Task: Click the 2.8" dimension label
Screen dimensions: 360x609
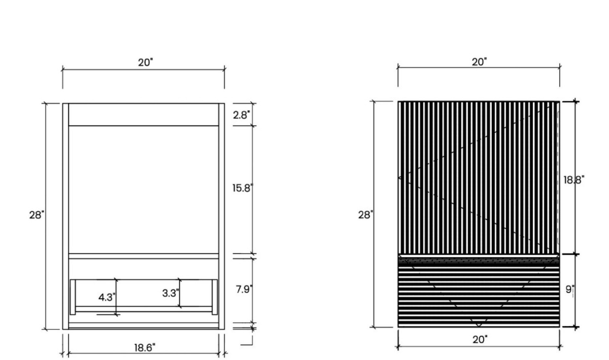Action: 241,115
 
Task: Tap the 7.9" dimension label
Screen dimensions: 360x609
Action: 244,289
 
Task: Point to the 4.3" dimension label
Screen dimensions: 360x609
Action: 107,297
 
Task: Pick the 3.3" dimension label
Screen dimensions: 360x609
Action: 170,293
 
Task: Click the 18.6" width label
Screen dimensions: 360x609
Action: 145,348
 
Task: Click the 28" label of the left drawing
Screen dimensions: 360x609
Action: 36,215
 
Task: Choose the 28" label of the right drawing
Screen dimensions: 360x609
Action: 365,215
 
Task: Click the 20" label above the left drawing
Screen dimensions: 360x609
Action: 145,62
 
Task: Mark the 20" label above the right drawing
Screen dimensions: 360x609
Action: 479,62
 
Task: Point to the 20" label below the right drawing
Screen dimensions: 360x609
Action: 480,339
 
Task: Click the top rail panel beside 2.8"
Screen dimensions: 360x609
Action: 144,114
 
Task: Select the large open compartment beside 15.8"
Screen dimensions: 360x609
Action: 144,189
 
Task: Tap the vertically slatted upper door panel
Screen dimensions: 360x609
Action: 479,177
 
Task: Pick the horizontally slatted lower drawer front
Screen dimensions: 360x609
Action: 479,292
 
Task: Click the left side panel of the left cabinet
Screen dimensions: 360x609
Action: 66,216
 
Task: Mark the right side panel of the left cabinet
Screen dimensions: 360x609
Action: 222,216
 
